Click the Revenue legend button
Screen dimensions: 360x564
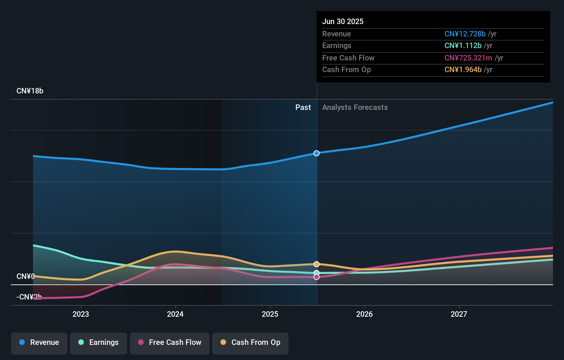point(39,342)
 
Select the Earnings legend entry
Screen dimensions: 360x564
point(99,342)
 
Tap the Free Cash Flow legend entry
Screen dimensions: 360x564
point(170,342)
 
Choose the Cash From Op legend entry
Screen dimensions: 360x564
point(250,342)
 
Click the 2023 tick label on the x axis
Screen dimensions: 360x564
point(81,314)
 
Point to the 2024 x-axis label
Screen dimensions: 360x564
point(175,314)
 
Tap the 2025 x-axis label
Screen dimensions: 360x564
point(270,314)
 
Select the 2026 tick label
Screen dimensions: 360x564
point(364,314)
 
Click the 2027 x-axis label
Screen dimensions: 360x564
point(459,314)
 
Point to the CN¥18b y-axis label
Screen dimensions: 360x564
point(30,91)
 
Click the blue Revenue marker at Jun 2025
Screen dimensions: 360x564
point(316,153)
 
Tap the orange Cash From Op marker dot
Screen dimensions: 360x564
point(316,264)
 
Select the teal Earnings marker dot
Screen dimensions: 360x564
point(316,273)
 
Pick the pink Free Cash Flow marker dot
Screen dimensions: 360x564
point(316,277)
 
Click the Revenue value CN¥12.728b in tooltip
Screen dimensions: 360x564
point(465,34)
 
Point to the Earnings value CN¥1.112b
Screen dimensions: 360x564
point(463,46)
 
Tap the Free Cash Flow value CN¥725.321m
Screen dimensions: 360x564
point(468,58)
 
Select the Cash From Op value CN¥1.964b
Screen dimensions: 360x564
point(463,70)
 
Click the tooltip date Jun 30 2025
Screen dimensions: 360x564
point(343,21)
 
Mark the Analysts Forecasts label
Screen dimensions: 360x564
point(355,108)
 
